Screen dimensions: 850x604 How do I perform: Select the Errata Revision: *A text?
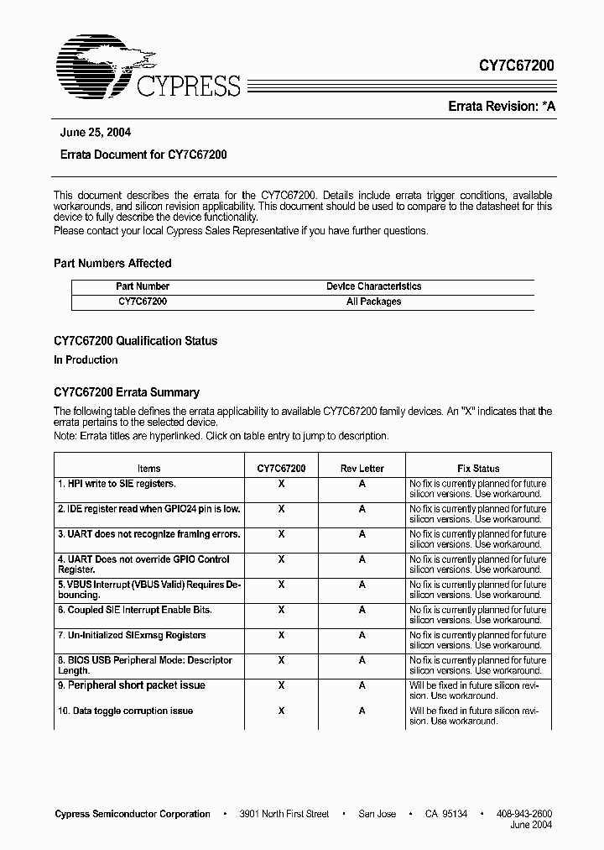501,107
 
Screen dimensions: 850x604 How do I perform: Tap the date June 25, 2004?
96,133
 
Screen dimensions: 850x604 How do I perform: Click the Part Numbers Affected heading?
112,263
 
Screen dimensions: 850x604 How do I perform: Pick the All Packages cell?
373,302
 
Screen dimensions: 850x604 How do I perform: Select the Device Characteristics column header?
373,286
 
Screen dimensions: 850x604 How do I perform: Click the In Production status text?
86,359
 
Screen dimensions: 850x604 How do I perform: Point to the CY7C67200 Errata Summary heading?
127,392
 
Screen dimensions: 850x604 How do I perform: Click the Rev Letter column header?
362,469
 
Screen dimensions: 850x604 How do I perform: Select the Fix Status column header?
478,469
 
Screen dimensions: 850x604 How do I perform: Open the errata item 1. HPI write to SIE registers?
117,484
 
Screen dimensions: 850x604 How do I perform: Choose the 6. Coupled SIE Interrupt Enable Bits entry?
134,610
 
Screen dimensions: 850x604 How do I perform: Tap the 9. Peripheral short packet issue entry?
132,685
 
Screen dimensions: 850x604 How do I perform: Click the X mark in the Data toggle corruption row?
281,711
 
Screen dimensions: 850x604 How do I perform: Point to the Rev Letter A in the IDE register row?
362,509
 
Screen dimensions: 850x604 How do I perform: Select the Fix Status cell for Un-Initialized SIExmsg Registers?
477,640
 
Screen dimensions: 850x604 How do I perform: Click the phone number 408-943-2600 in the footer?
525,814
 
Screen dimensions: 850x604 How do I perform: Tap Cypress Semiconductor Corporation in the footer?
133,814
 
